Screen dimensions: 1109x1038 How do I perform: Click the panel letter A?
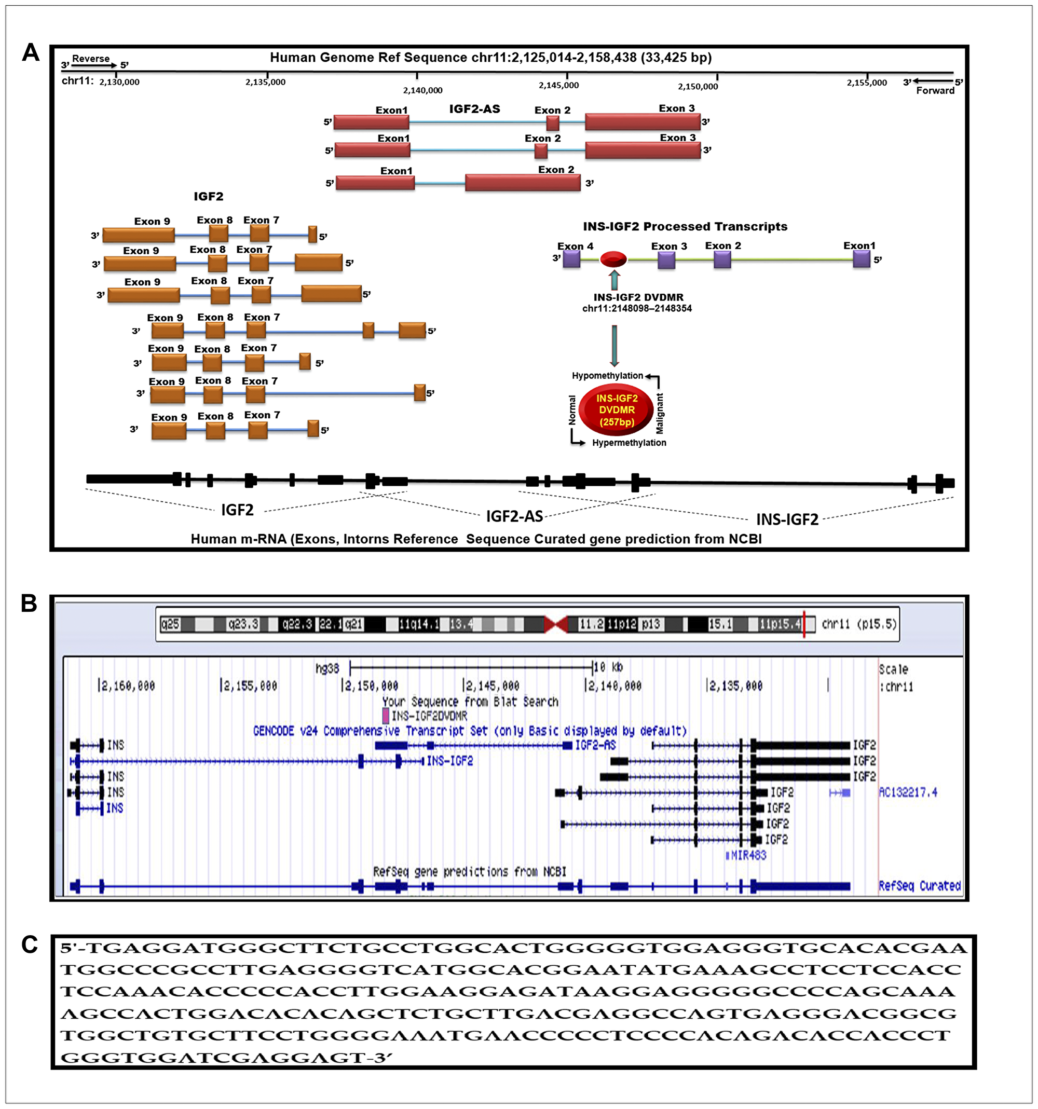(x=31, y=53)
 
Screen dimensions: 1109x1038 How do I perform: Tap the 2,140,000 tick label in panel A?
(x=422, y=90)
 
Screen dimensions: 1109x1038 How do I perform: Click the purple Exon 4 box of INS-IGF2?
(x=571, y=259)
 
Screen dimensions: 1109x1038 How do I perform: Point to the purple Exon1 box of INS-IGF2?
(x=861, y=259)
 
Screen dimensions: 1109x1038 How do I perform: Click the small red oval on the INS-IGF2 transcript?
(x=613, y=259)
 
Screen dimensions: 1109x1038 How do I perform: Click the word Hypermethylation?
(x=629, y=443)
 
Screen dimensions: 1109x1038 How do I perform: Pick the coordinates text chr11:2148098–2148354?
(x=636, y=308)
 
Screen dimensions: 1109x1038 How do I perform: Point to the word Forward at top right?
(x=935, y=91)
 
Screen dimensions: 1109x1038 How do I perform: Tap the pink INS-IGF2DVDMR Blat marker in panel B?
(x=386, y=715)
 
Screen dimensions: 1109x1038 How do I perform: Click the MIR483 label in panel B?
(x=748, y=855)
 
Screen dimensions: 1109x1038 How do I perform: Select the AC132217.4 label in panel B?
(x=908, y=792)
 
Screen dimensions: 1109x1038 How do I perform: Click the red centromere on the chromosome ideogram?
(x=555, y=624)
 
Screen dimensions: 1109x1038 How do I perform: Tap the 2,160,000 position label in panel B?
(x=127, y=686)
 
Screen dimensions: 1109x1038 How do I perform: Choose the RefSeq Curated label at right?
(x=919, y=886)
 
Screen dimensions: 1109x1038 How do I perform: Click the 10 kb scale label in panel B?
(x=608, y=667)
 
